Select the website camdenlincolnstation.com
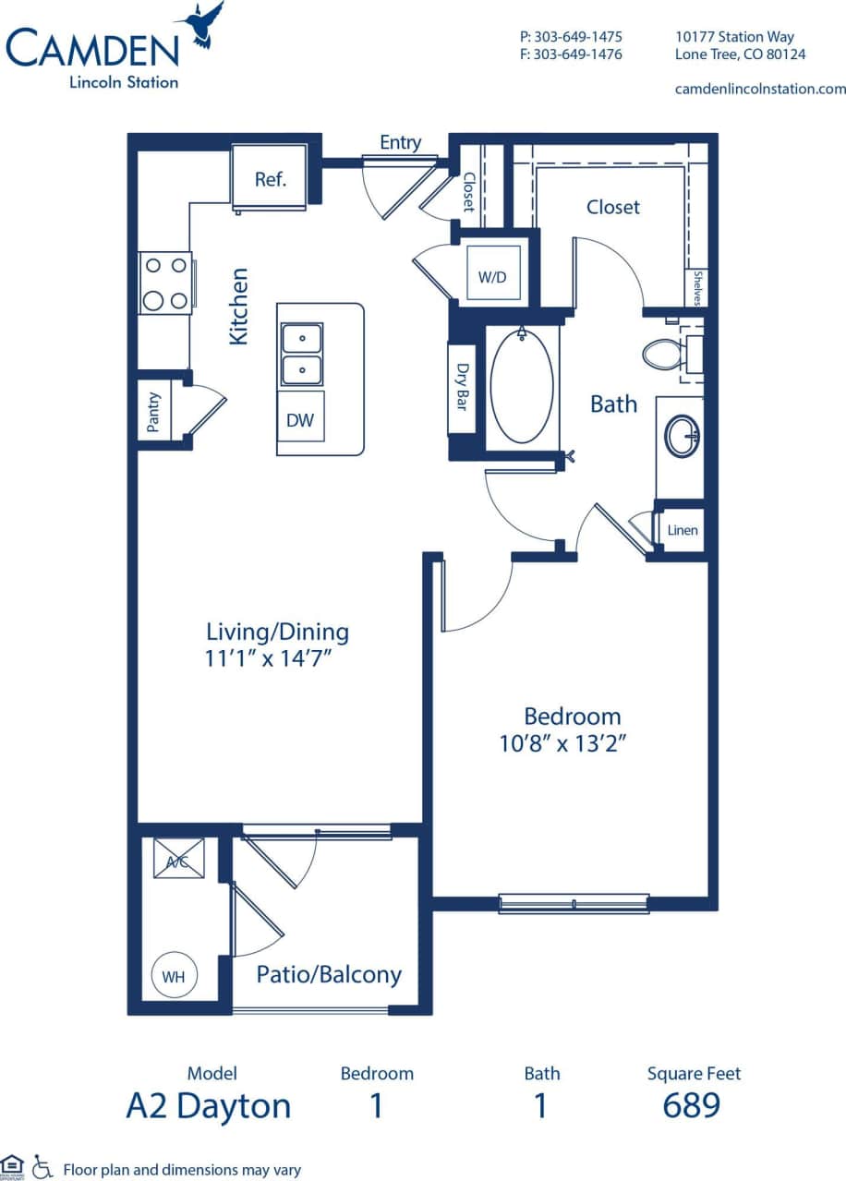tap(760, 89)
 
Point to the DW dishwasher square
tap(300, 420)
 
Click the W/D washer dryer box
tap(493, 275)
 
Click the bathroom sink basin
tap(682, 435)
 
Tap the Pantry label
tap(154, 412)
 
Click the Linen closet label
tap(683, 530)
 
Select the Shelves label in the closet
tap(698, 287)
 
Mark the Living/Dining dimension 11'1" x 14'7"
tap(276, 658)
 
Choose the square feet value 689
tap(692, 1105)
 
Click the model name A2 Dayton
tap(208, 1105)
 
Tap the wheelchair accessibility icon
tap(42, 1168)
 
